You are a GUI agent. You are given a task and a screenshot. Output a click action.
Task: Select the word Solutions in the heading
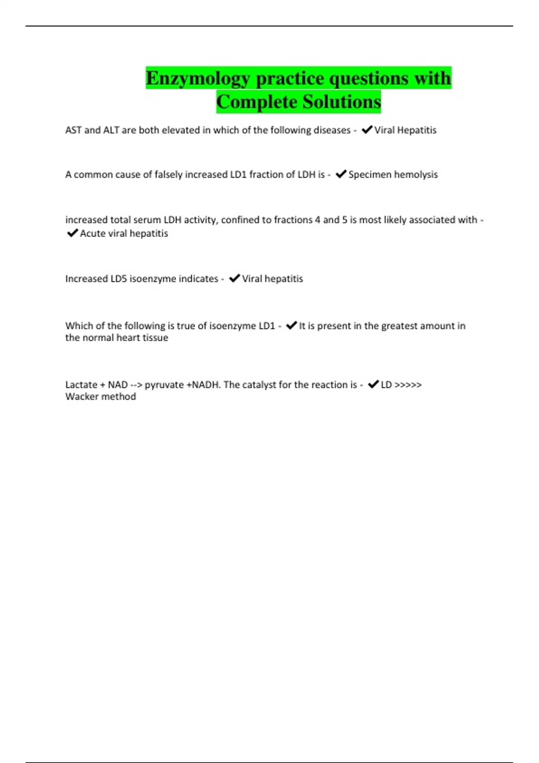[x=341, y=102]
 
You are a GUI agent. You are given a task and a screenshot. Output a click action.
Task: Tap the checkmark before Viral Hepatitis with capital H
[x=367, y=130]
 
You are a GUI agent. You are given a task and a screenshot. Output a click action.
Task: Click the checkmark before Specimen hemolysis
[x=341, y=174]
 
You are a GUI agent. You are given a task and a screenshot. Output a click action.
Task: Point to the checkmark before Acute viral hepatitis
[x=72, y=233]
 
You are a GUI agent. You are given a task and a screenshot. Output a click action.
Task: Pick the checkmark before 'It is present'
[x=292, y=325]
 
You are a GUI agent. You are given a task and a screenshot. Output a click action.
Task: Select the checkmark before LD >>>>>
[x=373, y=384]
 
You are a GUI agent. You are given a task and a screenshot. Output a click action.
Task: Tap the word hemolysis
[x=415, y=175]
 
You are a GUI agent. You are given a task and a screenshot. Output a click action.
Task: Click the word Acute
[x=93, y=233]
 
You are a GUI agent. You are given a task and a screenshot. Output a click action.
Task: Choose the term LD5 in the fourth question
[x=119, y=279]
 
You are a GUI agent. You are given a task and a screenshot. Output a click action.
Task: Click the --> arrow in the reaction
[x=136, y=385]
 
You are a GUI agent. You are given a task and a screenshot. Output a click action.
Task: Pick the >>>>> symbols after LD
[x=408, y=385]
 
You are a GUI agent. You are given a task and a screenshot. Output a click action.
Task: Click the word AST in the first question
[x=73, y=130]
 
